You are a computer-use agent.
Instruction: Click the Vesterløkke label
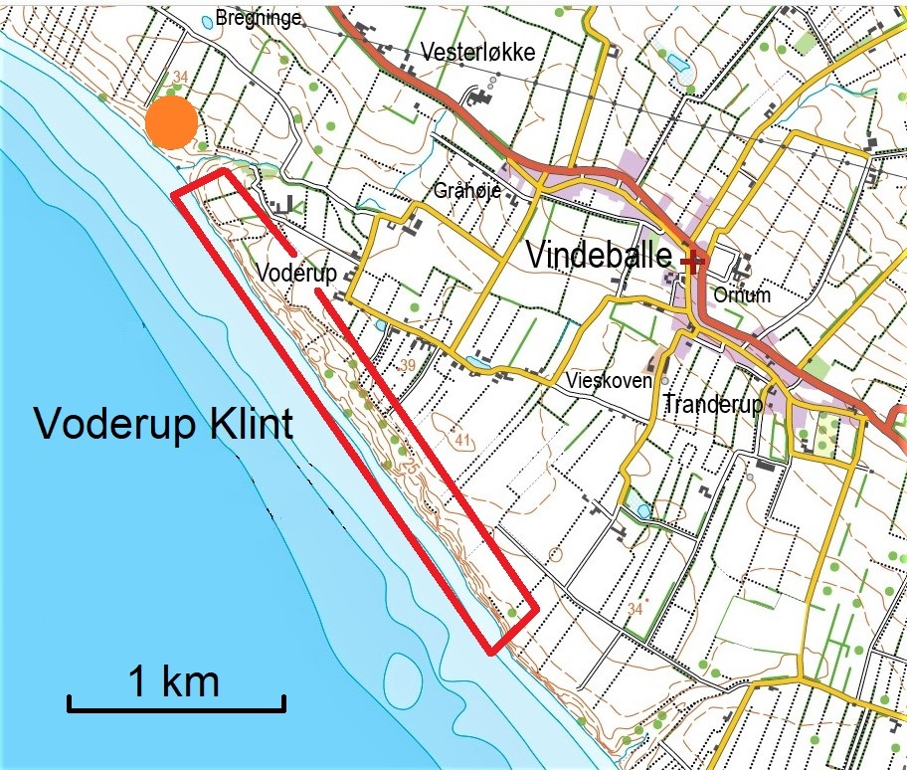[x=478, y=52]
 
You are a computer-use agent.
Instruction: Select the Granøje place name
[x=464, y=191]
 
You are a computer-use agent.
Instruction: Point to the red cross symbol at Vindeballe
[x=693, y=261]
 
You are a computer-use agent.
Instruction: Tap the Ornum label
[x=742, y=295]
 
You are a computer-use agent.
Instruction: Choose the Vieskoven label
[x=609, y=380]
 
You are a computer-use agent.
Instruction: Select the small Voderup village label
[x=295, y=272]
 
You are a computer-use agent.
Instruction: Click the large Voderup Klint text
[x=164, y=425]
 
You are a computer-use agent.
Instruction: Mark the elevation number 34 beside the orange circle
[x=180, y=77]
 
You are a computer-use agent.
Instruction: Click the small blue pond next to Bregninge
[x=207, y=20]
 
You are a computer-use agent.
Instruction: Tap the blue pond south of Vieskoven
[x=643, y=510]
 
